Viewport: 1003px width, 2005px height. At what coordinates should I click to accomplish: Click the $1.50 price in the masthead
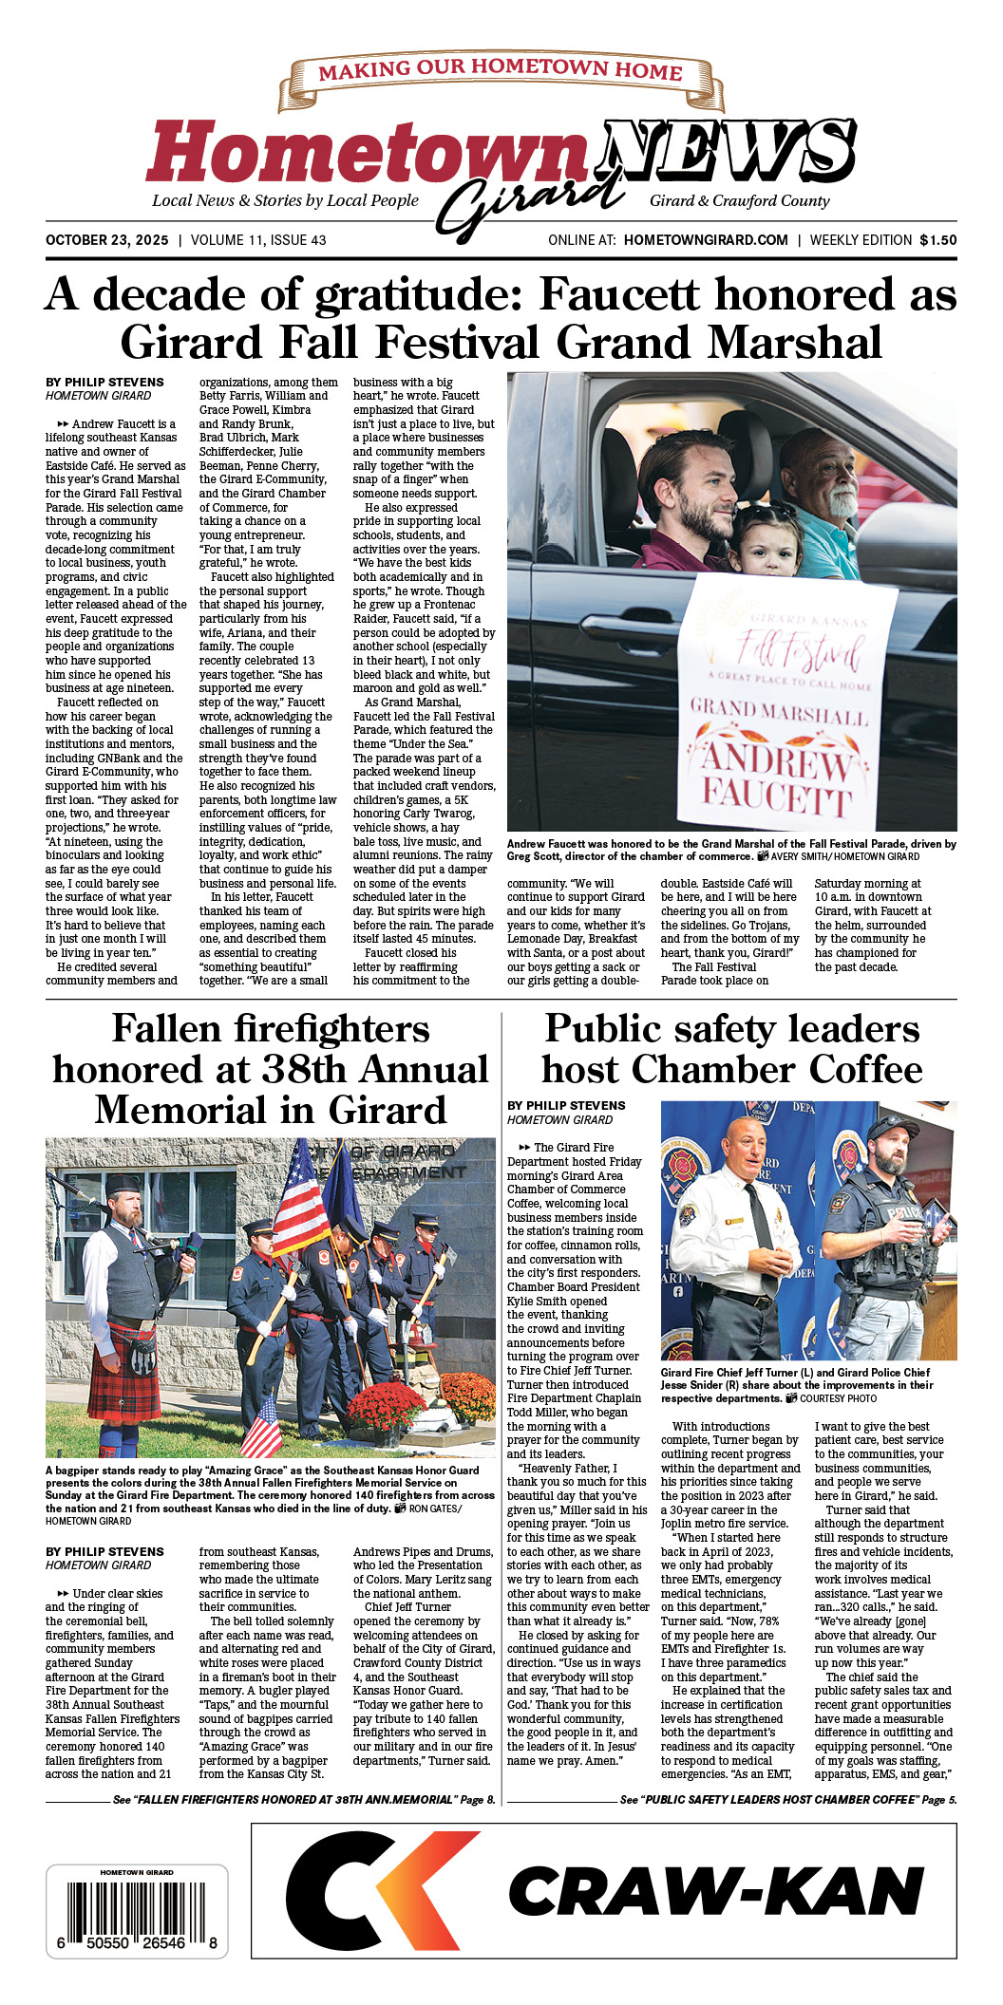(937, 240)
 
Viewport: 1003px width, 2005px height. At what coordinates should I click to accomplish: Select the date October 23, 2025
(106, 240)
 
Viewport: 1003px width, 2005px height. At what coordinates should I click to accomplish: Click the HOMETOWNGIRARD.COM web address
(706, 240)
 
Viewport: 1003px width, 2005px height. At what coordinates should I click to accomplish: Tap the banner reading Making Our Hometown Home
(500, 72)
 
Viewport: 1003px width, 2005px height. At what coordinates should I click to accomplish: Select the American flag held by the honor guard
(299, 1199)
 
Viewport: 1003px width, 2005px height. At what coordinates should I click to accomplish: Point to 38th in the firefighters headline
(309, 1070)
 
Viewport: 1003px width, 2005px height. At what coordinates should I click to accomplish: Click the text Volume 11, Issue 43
(258, 240)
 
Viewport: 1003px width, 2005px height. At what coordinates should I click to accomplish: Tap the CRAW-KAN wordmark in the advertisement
(716, 1892)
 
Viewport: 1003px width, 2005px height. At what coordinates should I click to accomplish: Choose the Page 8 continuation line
(304, 1799)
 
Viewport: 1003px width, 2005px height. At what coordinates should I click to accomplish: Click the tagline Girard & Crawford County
(739, 201)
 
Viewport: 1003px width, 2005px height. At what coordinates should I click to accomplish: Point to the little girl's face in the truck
(765, 543)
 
